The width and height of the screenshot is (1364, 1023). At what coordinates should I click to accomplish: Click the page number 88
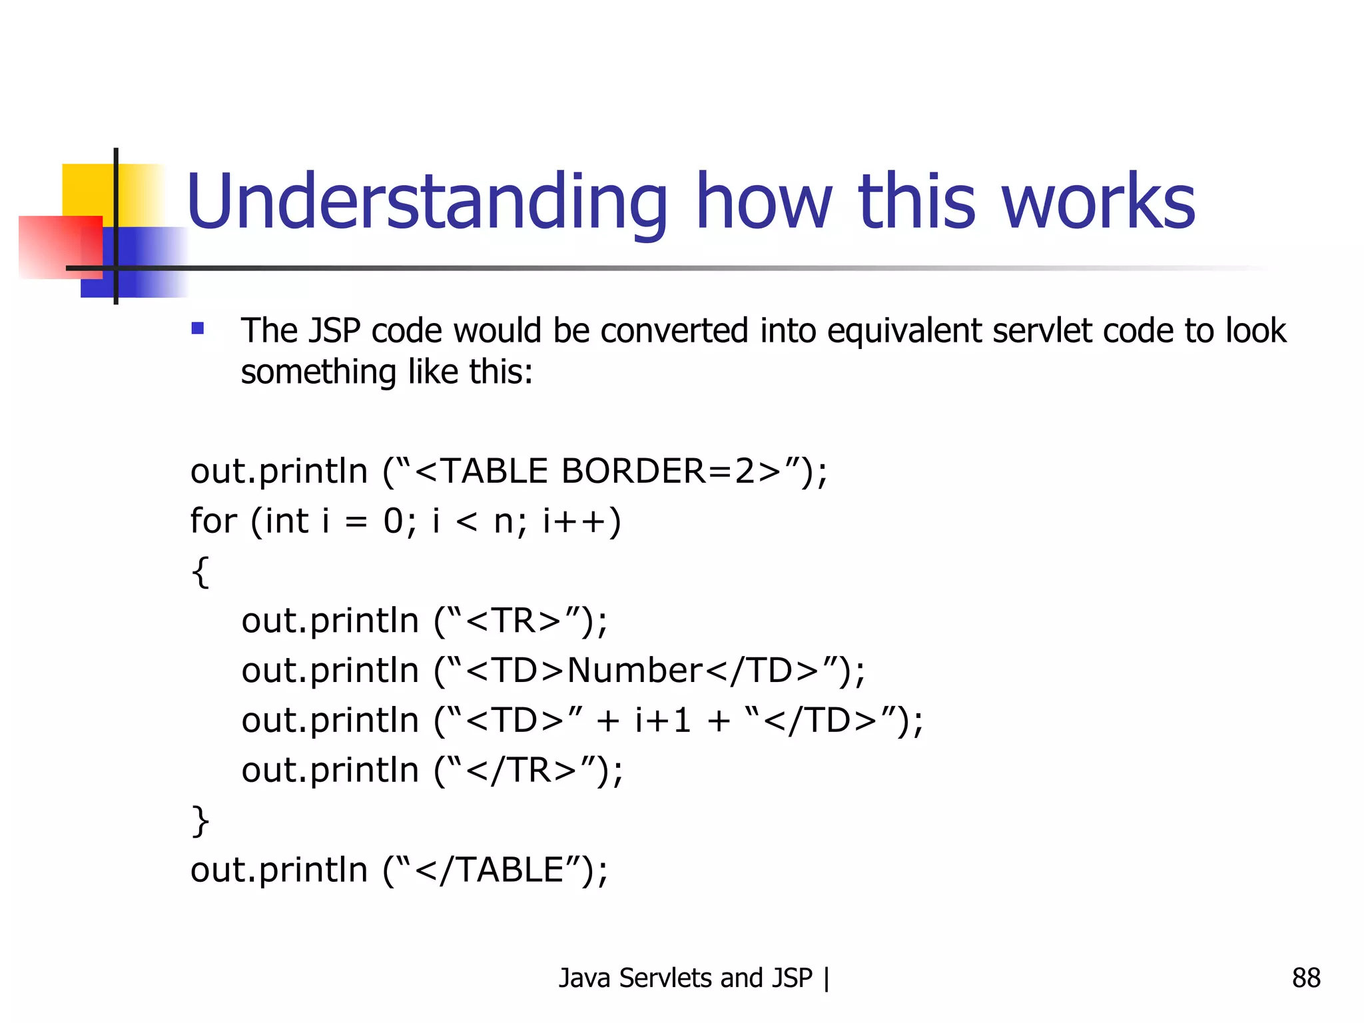[1305, 978]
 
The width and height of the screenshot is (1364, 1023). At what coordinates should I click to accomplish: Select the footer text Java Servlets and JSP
[685, 978]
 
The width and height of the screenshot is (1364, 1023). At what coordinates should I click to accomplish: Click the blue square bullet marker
[198, 328]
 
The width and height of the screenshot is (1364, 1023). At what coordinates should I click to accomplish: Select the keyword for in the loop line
[213, 521]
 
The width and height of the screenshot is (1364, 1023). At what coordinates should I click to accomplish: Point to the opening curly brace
[200, 571]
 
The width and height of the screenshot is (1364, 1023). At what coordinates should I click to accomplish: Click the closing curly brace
[200, 821]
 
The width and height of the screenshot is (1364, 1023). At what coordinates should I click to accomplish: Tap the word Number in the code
[635, 671]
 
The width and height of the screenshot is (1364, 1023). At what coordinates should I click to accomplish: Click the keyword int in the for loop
[286, 521]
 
